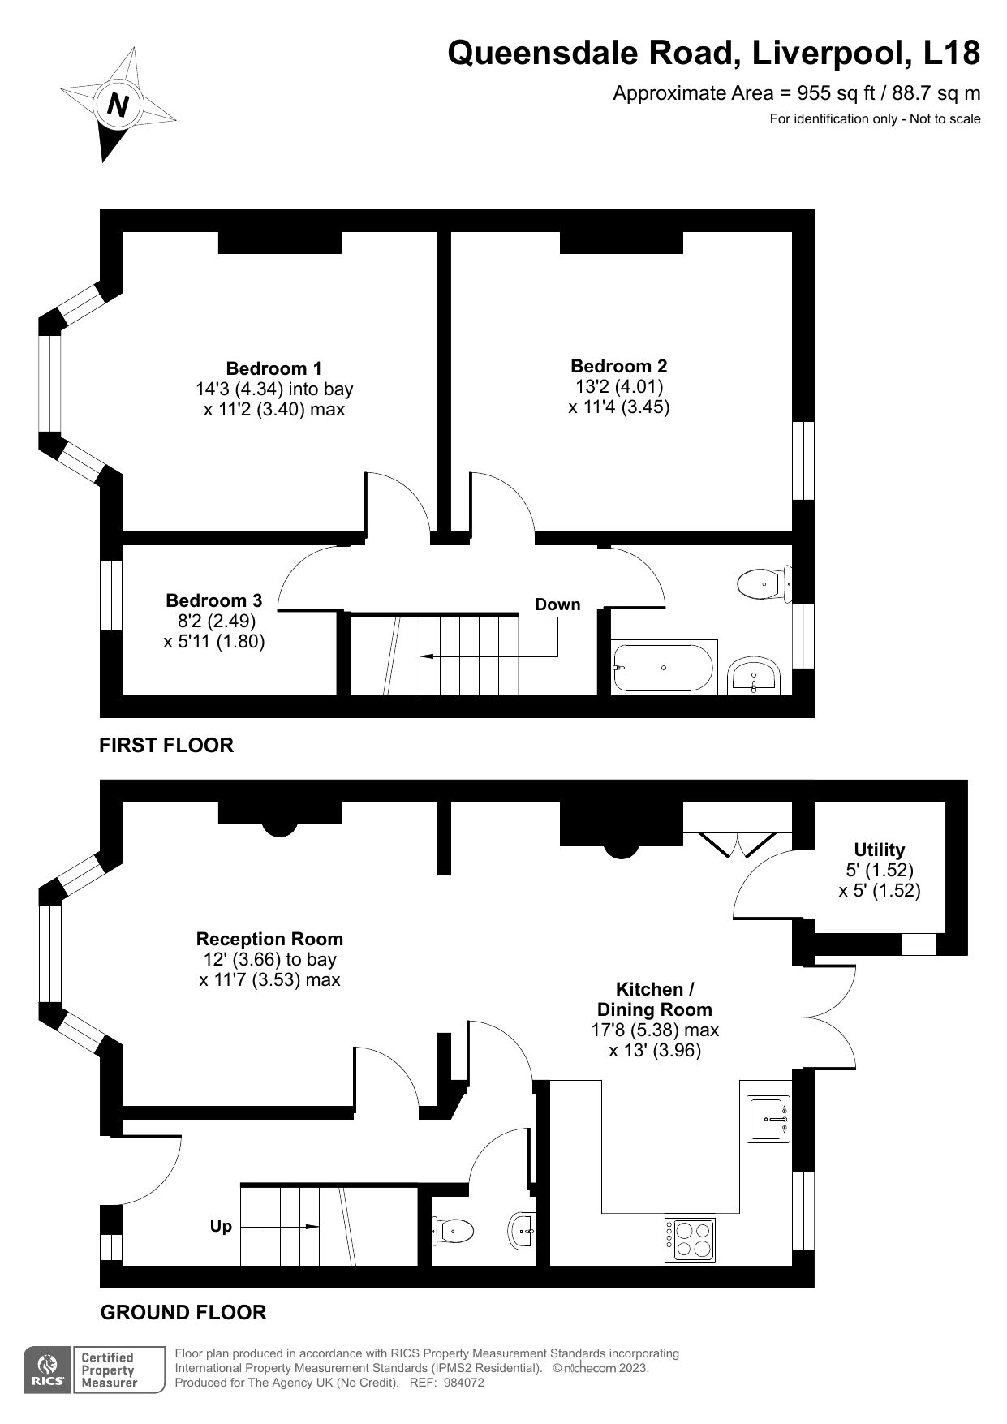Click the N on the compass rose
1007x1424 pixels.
tap(118, 105)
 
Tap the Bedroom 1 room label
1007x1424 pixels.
tap(273, 368)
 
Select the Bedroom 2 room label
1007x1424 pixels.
tap(618, 366)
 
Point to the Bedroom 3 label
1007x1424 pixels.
tap(213, 601)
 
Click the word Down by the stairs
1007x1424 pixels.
tap(557, 604)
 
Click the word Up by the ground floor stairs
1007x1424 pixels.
tap(221, 1226)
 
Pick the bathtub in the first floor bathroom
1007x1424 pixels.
tap(664, 668)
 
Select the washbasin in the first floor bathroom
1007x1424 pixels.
tap(755, 677)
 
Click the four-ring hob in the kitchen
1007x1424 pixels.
tap(690, 1240)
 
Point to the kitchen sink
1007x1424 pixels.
tap(767, 1119)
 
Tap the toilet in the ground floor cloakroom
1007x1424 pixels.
tap(454, 1231)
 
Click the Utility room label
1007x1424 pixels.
tap(879, 850)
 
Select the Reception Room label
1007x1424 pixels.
tap(269, 939)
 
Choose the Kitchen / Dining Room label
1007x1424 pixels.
tap(654, 1000)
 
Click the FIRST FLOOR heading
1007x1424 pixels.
tap(166, 745)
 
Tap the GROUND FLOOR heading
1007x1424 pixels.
tap(183, 1312)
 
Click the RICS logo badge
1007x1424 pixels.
tap(46, 1370)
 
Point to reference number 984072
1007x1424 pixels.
tap(464, 1383)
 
